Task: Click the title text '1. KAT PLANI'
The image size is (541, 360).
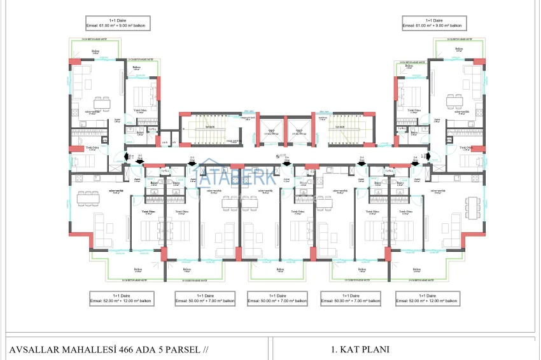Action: [360, 349]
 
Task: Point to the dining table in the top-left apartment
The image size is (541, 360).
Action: [99, 102]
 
